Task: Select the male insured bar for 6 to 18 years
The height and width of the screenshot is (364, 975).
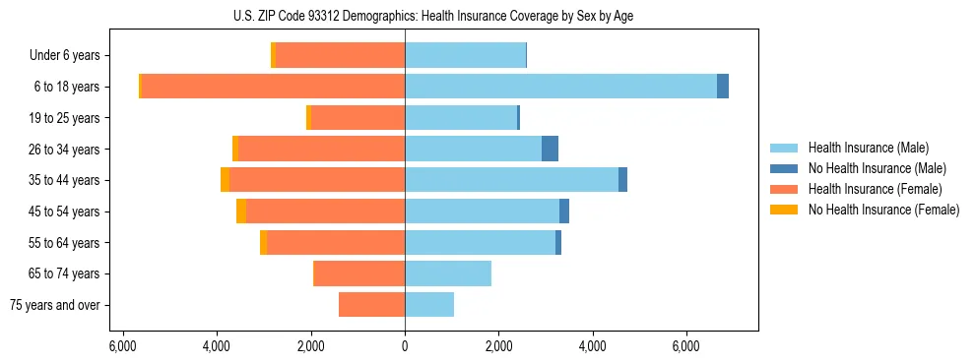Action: pos(560,86)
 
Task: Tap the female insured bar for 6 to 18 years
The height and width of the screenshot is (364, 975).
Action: pos(273,86)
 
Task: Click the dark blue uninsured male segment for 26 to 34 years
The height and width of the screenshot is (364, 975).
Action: pos(550,149)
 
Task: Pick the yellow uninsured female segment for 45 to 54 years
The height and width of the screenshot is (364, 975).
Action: pos(241,212)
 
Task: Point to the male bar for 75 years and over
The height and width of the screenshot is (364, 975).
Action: pos(429,305)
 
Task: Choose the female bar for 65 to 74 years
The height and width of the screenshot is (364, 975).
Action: pos(359,273)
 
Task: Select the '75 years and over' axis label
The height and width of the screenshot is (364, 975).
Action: pos(55,305)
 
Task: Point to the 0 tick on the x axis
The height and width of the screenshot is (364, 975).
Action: pos(405,346)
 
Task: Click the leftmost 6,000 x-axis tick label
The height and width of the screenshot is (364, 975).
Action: pos(122,346)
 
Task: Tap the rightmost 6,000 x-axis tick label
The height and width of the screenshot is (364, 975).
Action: pos(686,346)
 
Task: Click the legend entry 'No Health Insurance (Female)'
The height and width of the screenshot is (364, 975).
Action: pos(883,210)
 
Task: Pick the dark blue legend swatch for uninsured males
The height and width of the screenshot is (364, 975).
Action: pos(785,168)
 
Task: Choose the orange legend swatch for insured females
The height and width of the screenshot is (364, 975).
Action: pos(785,189)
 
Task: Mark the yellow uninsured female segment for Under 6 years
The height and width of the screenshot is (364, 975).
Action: pos(273,55)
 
